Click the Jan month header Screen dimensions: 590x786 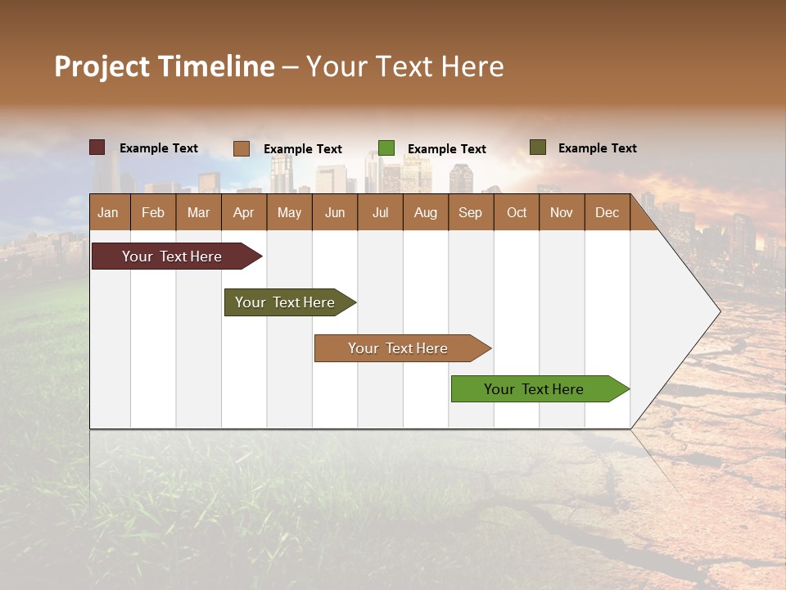click(108, 213)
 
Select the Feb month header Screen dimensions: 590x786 click(153, 213)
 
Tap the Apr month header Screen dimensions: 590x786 click(243, 213)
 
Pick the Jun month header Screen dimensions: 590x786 click(335, 213)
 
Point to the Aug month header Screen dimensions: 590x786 click(425, 213)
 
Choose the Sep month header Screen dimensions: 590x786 click(470, 213)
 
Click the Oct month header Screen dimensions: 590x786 click(517, 213)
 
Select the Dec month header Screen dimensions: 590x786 click(607, 213)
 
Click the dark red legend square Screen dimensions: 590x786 click(97, 147)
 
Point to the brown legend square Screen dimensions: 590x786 click(242, 148)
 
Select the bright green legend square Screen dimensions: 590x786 click(386, 148)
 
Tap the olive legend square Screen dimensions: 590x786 click(538, 147)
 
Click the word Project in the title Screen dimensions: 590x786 click(102, 67)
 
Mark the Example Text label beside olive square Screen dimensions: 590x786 click(597, 148)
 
